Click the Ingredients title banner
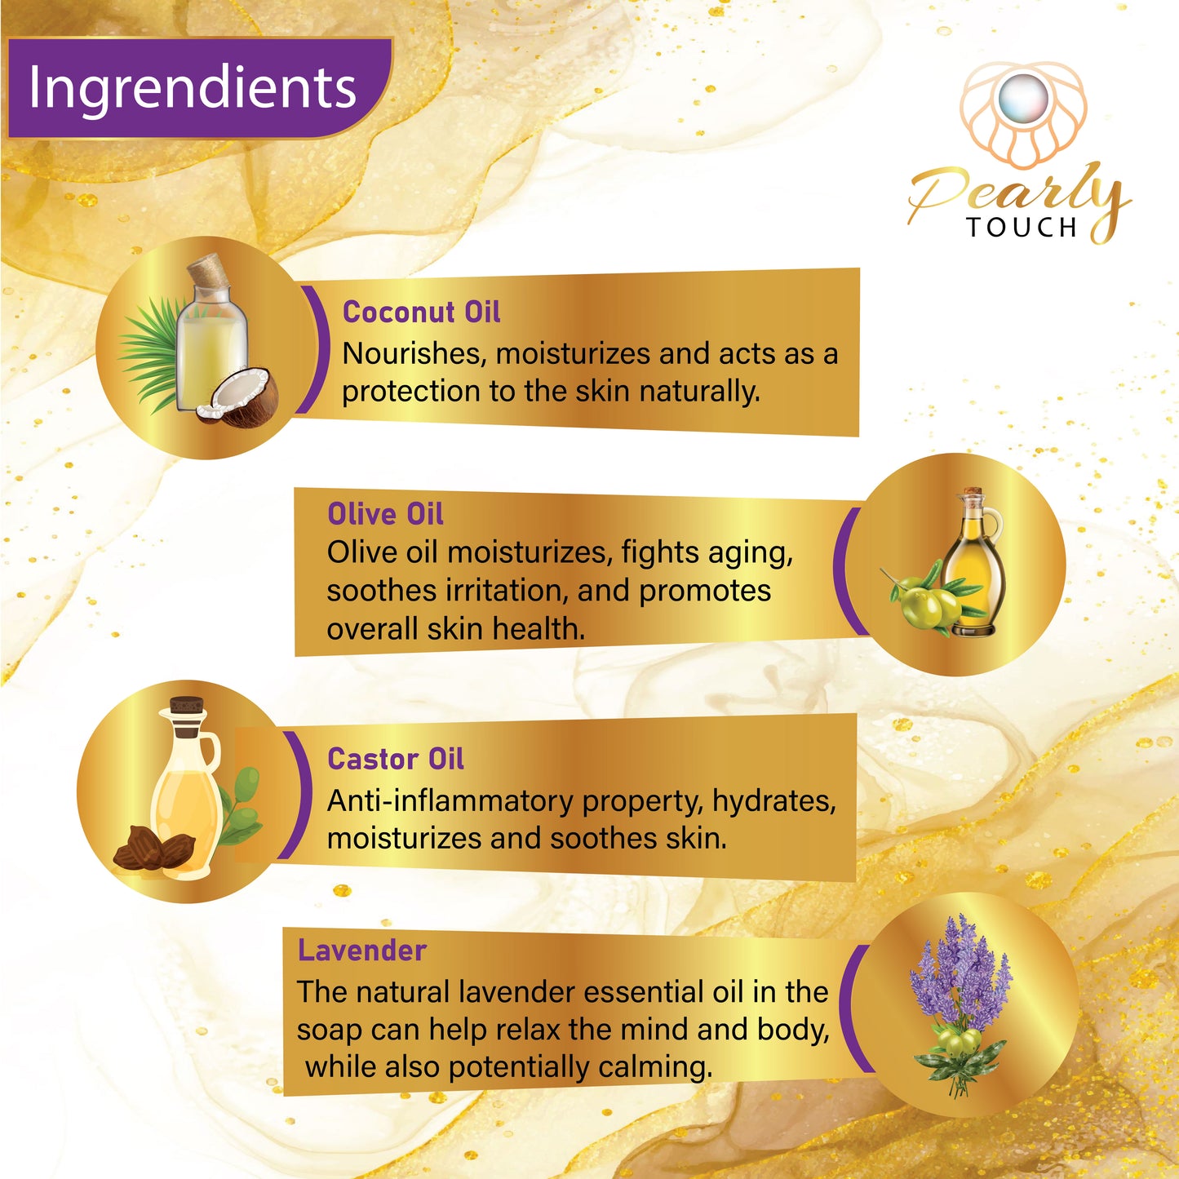[x=199, y=88]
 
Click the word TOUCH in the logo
[x=1022, y=228]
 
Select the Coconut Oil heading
[x=422, y=312]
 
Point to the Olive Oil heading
[x=385, y=514]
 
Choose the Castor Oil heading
[x=395, y=760]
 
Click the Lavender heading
[x=362, y=951]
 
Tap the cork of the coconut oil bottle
[x=209, y=270]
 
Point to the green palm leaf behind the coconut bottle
[x=150, y=355]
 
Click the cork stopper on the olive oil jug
[x=973, y=493]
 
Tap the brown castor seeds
[x=153, y=848]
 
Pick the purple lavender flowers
[x=960, y=973]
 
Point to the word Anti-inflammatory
[x=454, y=801]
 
